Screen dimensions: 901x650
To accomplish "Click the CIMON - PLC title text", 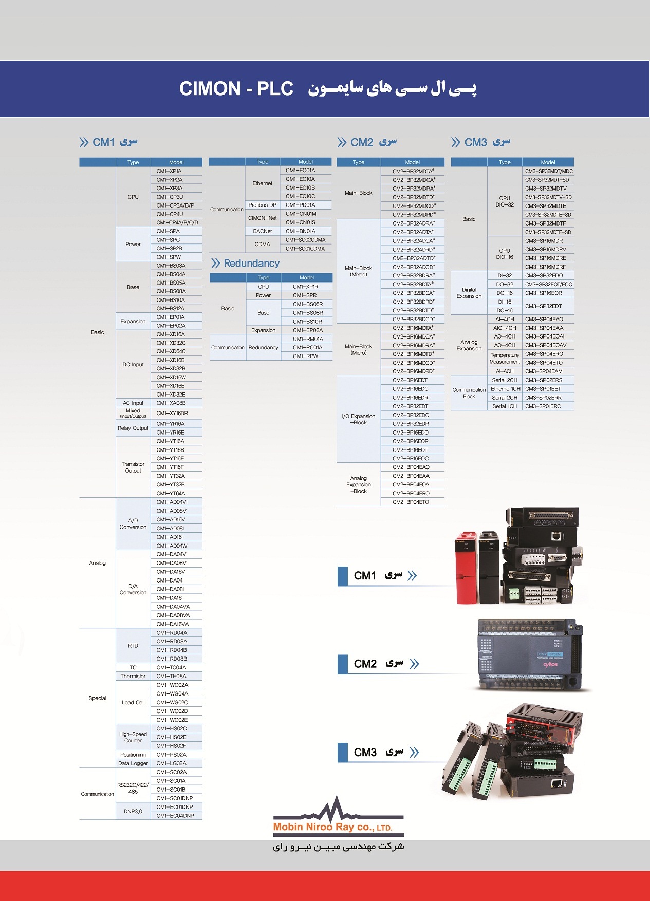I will pos(236,88).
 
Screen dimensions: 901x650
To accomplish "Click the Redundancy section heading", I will pos(251,263).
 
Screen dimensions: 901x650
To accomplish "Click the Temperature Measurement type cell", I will pos(505,358).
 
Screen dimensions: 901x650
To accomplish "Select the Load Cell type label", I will pos(133,702).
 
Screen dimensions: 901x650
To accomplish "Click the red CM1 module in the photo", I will pos(467,568).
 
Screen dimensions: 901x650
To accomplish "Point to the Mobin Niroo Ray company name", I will pos(332,827).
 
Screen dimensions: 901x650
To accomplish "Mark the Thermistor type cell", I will pos(133,676).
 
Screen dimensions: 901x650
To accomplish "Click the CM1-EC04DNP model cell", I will pos(175,816).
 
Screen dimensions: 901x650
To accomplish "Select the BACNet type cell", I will pos(263,231).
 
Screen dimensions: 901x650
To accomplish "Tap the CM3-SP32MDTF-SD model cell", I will pos(548,232).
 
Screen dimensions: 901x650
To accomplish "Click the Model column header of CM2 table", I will pos(412,162).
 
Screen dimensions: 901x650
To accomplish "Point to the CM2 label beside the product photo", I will pos(365,664).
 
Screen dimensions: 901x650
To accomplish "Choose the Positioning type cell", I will pos(133,755).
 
